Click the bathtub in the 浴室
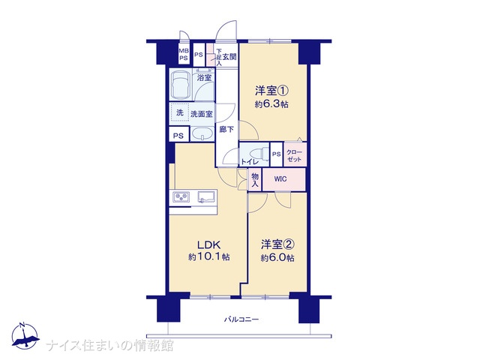[x=181, y=84]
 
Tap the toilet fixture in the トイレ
[x=257, y=153]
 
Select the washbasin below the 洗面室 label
[x=202, y=134]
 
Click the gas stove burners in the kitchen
[x=181, y=196]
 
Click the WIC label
[x=280, y=179]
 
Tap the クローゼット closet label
[x=295, y=156]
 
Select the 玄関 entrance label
[x=229, y=57]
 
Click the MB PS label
[x=184, y=55]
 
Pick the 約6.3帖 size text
[x=271, y=104]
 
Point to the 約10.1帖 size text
[x=209, y=256]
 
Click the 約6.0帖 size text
[x=277, y=258]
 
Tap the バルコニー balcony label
[x=241, y=320]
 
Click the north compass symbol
[x=25, y=336]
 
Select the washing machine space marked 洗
[x=180, y=112]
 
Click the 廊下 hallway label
[x=226, y=130]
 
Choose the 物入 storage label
[x=255, y=180]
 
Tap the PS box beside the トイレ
[x=277, y=154]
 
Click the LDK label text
[x=208, y=244]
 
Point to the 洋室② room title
[x=277, y=244]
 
